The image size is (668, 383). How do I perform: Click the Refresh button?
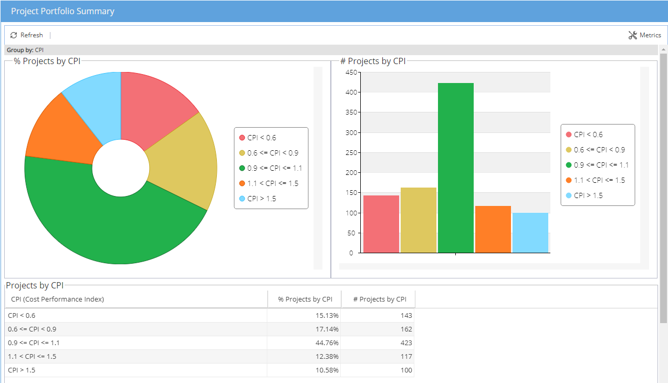click(x=27, y=35)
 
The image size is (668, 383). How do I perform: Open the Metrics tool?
click(x=645, y=35)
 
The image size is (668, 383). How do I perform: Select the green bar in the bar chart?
click(x=455, y=168)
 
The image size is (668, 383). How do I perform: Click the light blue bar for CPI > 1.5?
click(x=530, y=233)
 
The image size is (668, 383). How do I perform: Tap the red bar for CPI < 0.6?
click(x=381, y=224)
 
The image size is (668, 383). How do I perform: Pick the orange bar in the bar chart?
click(x=493, y=229)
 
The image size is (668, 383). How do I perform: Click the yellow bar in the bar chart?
click(x=418, y=220)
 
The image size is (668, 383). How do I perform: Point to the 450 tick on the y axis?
click(x=352, y=72)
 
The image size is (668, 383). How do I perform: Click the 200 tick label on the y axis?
click(x=352, y=172)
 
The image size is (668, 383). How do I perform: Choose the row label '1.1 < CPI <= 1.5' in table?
click(x=32, y=357)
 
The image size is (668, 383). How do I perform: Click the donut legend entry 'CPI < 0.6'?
click(x=262, y=138)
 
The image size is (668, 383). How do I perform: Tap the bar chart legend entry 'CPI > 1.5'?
click(x=588, y=195)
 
